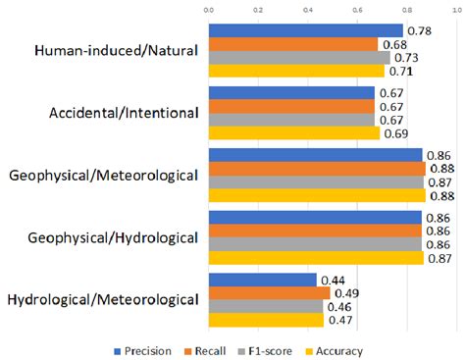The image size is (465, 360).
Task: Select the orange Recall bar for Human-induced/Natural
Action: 292,44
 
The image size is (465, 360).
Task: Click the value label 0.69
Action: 395,131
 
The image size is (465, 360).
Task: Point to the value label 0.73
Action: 405,58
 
